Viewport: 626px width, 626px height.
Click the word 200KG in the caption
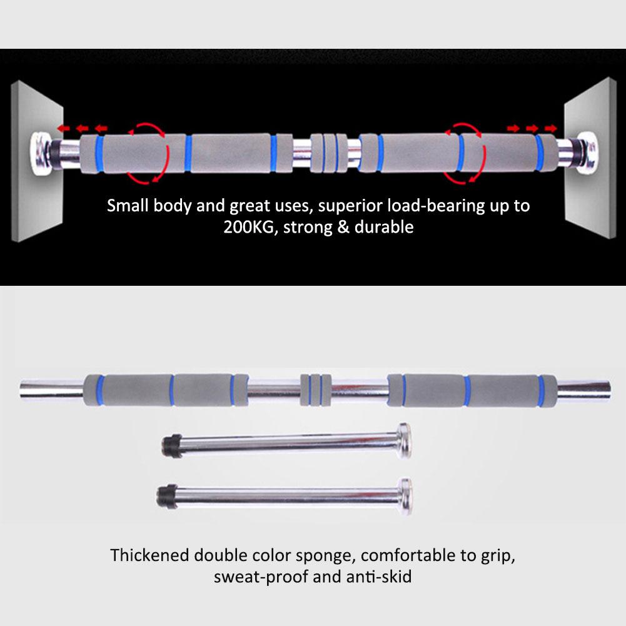(x=250, y=227)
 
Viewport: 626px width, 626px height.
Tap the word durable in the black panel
(x=383, y=227)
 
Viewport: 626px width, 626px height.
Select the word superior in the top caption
(x=350, y=206)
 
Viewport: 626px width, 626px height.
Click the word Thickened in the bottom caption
(x=149, y=555)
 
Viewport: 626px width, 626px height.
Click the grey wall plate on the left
(x=37, y=161)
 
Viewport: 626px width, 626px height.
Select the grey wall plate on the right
(x=589, y=158)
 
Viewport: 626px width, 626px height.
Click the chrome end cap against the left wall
(x=41, y=154)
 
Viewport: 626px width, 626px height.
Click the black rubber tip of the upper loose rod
(x=172, y=445)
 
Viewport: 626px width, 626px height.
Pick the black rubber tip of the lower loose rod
(x=166, y=497)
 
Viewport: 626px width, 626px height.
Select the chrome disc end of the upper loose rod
(x=403, y=440)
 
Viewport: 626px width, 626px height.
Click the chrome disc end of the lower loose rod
(x=405, y=497)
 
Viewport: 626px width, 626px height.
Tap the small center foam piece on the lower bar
(x=315, y=390)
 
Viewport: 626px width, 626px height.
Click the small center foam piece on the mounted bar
(x=329, y=153)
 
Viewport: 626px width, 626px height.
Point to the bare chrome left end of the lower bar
(x=52, y=390)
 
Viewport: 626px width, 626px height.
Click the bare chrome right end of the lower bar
(x=583, y=391)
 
